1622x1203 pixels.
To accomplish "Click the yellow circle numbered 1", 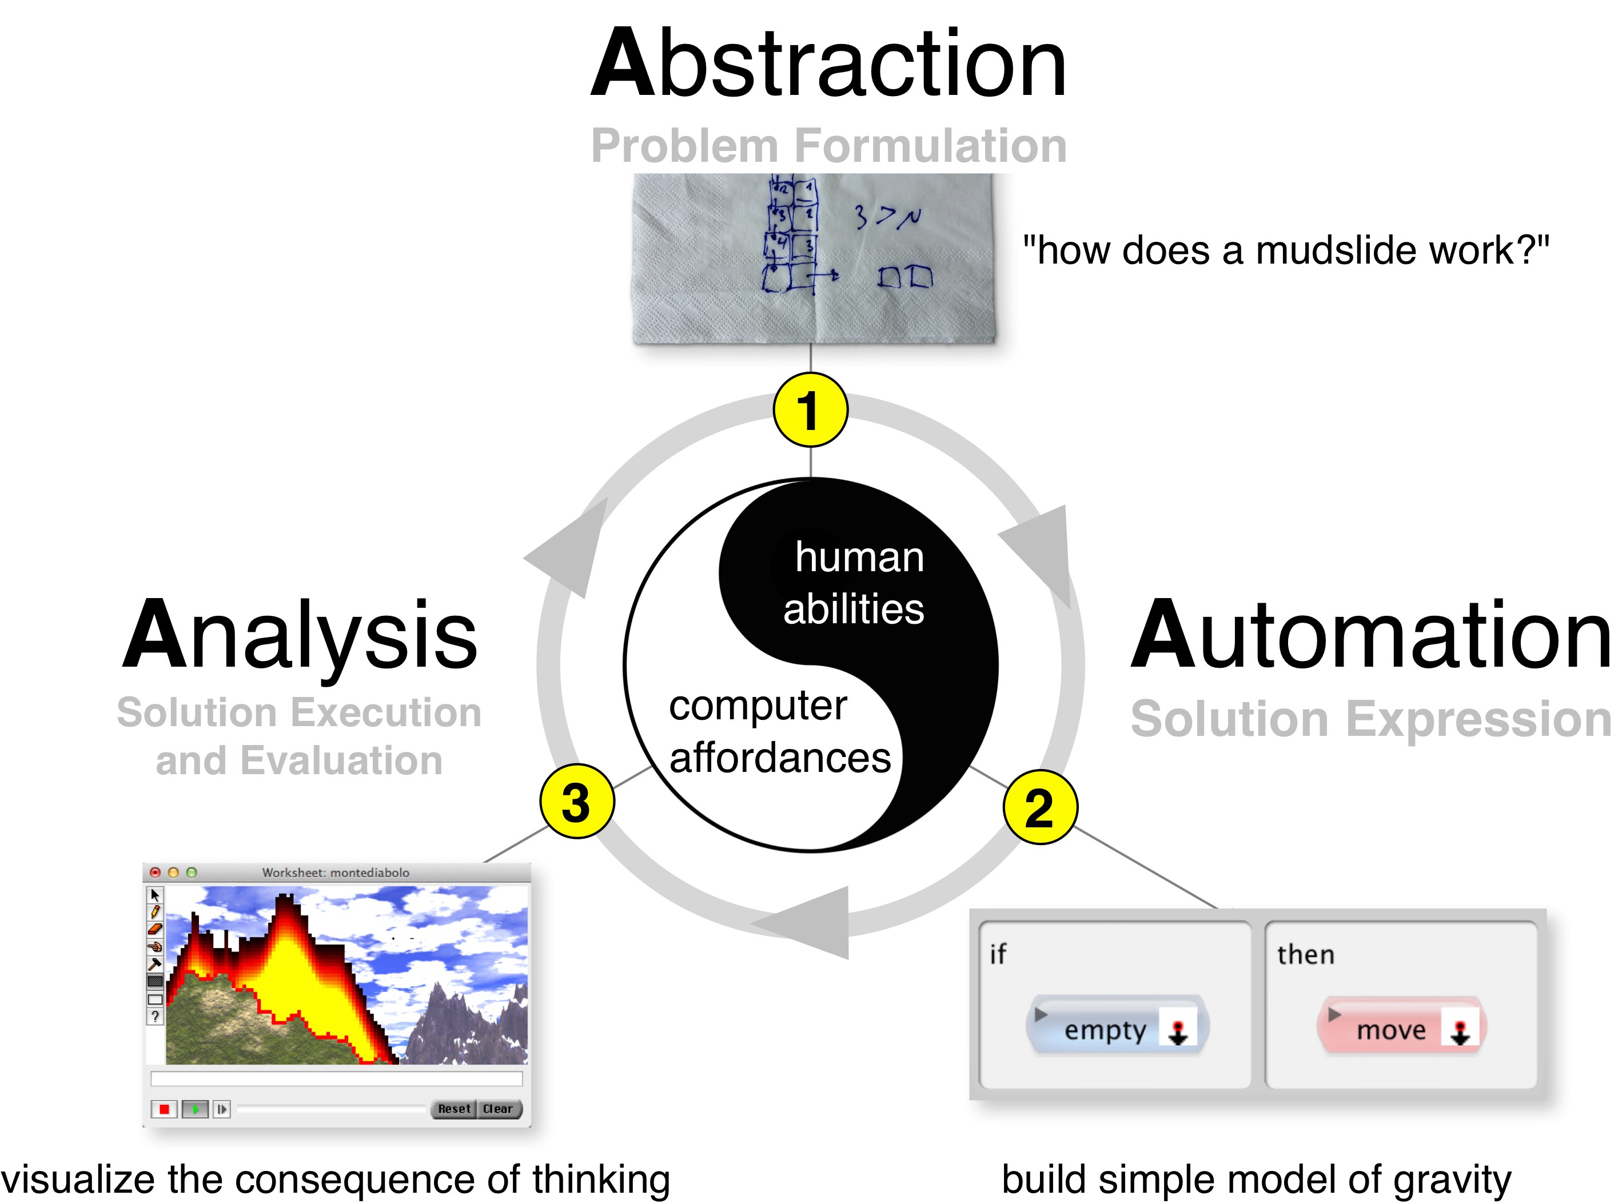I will click(810, 410).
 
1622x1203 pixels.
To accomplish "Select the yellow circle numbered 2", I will click(1039, 807).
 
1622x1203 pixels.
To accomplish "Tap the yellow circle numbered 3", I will click(576, 801).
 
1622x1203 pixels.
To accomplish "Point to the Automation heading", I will click(1370, 635).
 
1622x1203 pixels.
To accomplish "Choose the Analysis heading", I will click(300, 635).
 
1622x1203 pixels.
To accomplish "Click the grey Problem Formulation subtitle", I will click(828, 146).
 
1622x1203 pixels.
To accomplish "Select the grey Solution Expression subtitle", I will click(1370, 719).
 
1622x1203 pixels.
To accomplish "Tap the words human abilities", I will click(855, 583).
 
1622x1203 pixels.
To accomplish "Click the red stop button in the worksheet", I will click(164, 1109).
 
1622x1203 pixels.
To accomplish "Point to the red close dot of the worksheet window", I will click(155, 873).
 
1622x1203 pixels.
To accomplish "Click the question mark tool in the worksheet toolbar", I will click(155, 1017).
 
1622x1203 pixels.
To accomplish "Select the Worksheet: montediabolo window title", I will click(336, 873).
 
